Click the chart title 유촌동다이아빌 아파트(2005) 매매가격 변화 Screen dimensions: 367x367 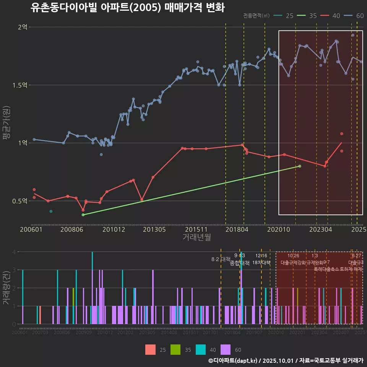(x=127, y=8)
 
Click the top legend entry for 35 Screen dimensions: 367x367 (x=308, y=16)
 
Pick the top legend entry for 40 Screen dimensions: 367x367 (x=331, y=16)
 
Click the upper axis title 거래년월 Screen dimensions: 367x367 (x=196, y=237)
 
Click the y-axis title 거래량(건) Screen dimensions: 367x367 (x=6, y=288)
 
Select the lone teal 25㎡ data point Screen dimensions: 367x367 (x=51, y=211)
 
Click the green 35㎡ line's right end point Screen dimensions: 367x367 (x=300, y=166)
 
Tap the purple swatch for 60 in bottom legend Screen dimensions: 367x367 (x=226, y=349)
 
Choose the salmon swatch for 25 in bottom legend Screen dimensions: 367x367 (x=151, y=349)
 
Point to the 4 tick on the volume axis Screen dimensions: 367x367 (x=14, y=252)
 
